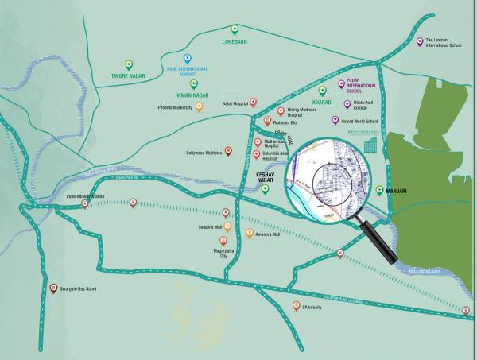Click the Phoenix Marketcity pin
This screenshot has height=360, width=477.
(x=199, y=106)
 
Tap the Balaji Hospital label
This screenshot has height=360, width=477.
(x=235, y=103)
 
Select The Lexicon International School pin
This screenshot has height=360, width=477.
(x=420, y=41)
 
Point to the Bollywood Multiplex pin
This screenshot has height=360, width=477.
(x=228, y=150)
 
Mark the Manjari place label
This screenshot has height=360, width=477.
(x=397, y=192)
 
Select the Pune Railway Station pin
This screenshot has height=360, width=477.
(x=86, y=204)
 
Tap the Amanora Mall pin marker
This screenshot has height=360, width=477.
(x=249, y=233)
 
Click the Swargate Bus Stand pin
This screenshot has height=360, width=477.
(x=53, y=288)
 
